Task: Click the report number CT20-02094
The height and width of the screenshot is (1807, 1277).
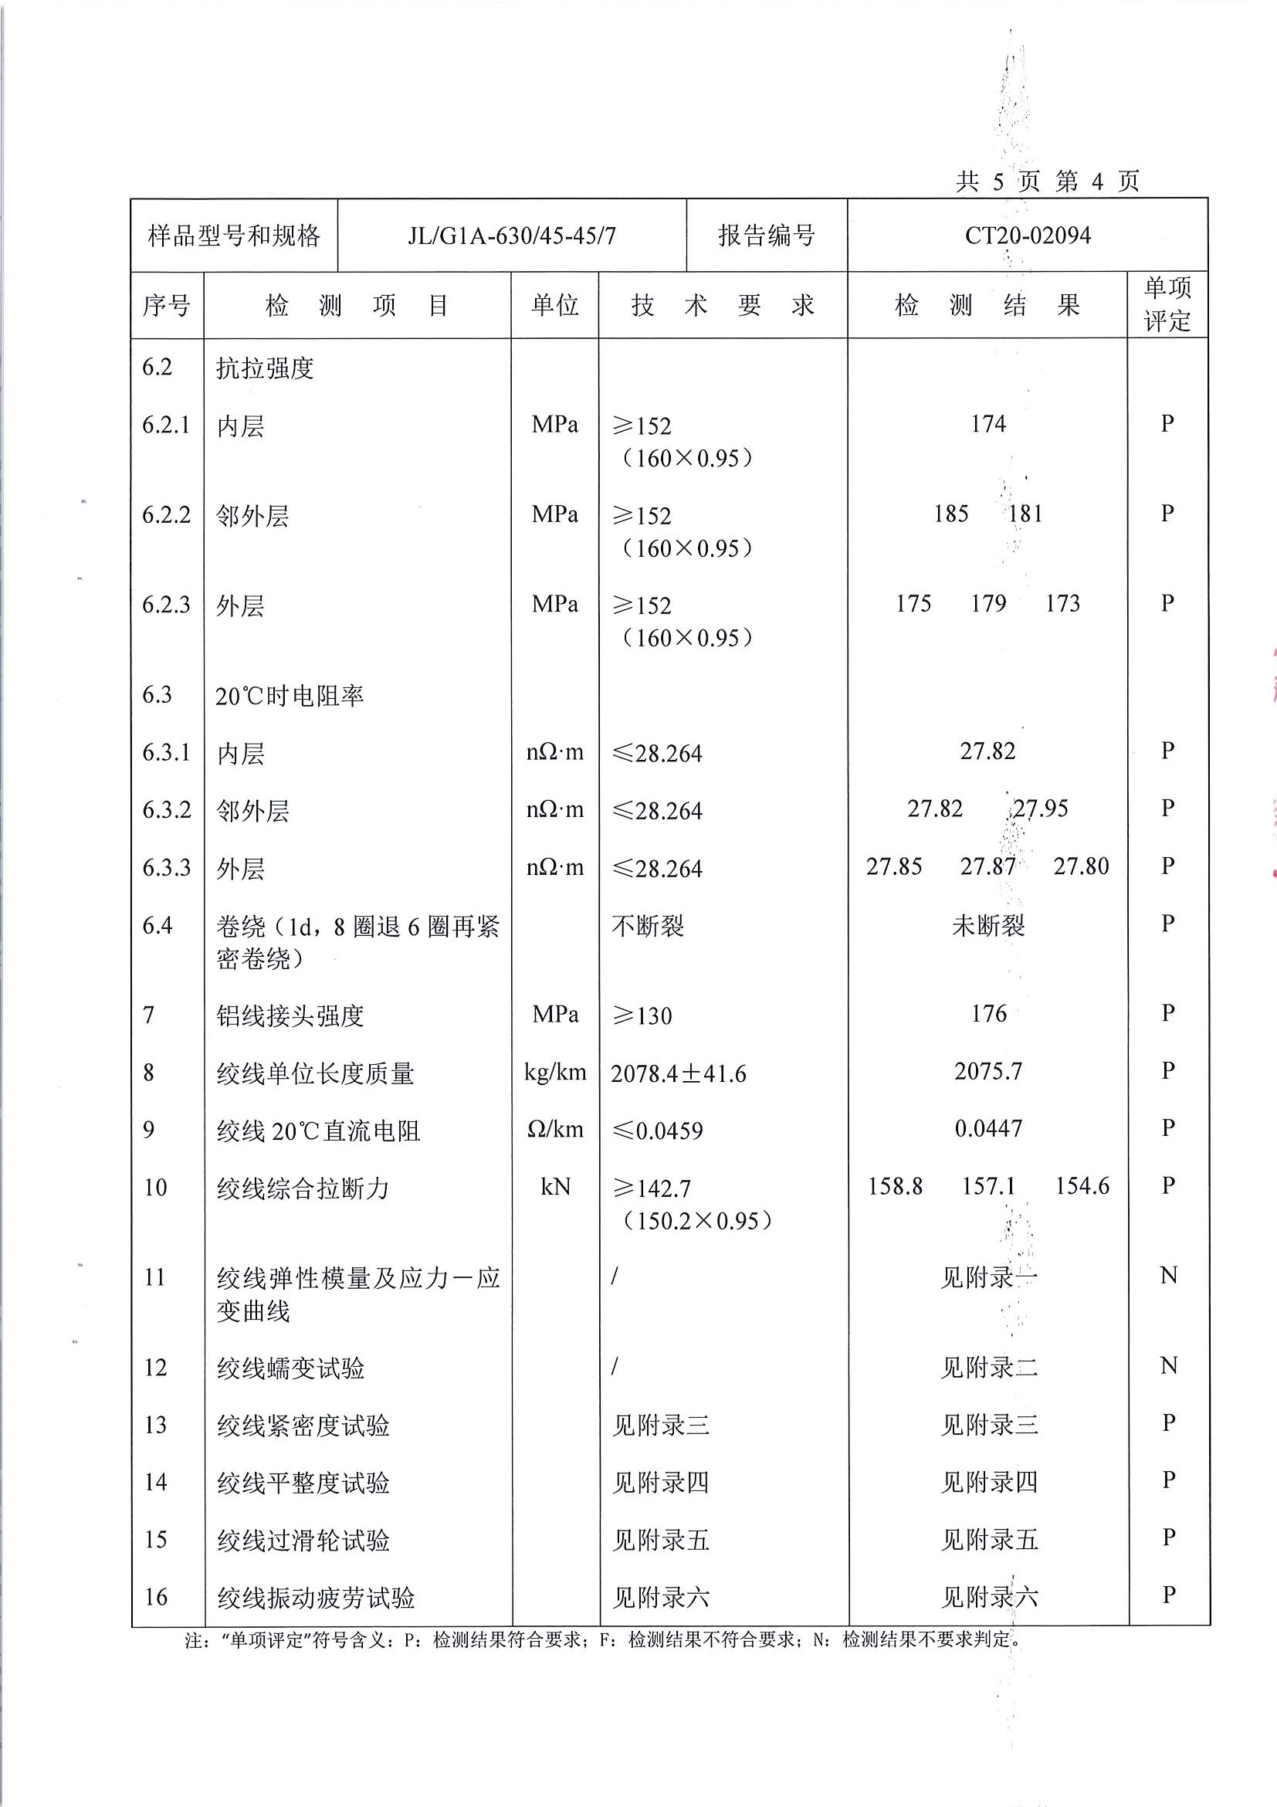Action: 1027,236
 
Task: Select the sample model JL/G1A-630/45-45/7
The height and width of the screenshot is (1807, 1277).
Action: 511,236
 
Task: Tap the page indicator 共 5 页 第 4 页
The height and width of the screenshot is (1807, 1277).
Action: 1046,181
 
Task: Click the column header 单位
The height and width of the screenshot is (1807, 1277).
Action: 554,304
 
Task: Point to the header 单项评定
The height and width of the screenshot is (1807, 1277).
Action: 1167,303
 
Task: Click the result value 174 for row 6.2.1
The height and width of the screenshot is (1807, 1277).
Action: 987,424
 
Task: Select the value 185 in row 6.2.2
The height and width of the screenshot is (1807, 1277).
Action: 950,514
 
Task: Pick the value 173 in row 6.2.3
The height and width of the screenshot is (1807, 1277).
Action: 1062,604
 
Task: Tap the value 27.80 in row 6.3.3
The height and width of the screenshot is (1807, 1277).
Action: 1081,866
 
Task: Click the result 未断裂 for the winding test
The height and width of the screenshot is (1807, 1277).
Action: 988,926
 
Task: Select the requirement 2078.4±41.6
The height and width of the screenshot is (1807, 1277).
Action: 678,1073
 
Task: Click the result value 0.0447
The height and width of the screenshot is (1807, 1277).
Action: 988,1128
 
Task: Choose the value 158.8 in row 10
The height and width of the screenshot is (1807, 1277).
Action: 895,1186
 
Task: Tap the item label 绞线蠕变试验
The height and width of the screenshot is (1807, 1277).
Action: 290,1368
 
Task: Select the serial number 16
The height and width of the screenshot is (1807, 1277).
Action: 156,1597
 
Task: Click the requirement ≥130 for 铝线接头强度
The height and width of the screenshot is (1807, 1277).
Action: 642,1016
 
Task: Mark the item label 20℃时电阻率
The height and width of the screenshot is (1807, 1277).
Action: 289,696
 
